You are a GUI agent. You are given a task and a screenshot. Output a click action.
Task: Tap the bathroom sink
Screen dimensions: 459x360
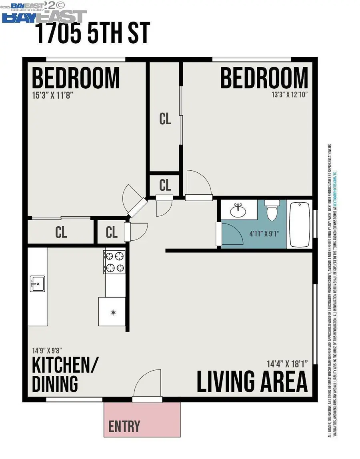click(x=239, y=209)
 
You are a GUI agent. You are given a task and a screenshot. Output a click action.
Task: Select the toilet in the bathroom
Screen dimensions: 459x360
click(x=272, y=211)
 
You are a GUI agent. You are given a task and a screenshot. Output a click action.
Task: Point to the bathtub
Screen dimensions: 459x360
click(x=300, y=225)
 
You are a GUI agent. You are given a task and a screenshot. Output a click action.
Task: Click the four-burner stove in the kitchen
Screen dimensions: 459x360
click(x=115, y=262)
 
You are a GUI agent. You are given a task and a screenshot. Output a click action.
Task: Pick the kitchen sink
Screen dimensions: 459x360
click(x=38, y=284)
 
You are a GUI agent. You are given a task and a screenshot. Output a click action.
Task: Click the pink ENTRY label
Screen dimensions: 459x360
click(x=124, y=426)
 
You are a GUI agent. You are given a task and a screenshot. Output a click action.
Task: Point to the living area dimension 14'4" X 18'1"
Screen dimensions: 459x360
click(x=287, y=364)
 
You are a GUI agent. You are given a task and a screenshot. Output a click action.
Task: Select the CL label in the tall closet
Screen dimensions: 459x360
click(x=165, y=119)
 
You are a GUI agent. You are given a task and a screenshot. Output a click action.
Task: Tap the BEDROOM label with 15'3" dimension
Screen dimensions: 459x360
click(x=76, y=78)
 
